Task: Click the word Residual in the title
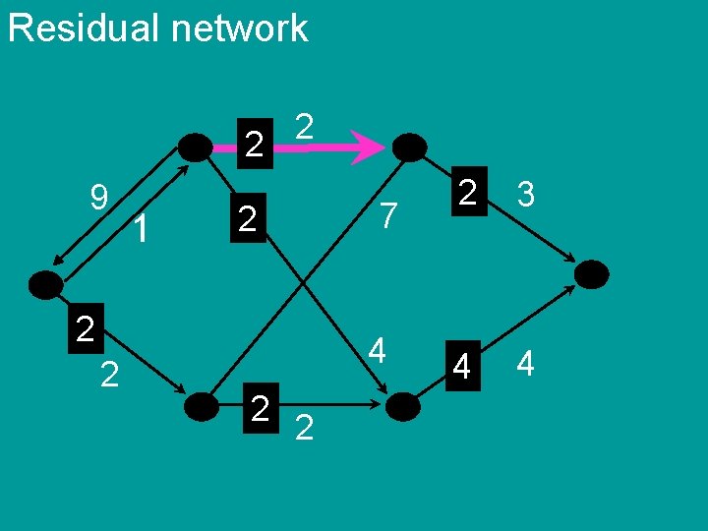[83, 28]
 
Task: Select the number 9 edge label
[98, 199]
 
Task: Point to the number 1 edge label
[144, 230]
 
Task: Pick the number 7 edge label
[389, 215]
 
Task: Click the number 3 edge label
[526, 195]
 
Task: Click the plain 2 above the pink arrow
[304, 126]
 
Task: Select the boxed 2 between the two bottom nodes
[261, 406]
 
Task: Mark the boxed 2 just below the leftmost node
[86, 328]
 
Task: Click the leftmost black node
[45, 285]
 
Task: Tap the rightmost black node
[592, 273]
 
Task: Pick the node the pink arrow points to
[409, 147]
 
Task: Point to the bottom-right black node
[403, 406]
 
